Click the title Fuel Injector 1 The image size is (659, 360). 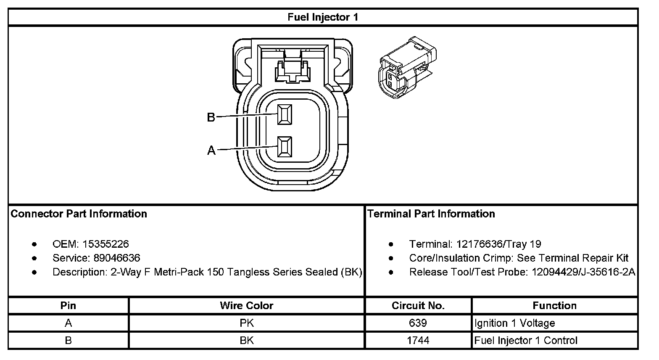pyautogui.click(x=323, y=17)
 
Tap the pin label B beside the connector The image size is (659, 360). pyautogui.click(x=211, y=117)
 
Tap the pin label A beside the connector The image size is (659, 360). pyautogui.click(x=211, y=150)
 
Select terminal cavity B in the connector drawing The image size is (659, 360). pyautogui.click(x=285, y=114)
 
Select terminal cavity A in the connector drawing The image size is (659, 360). pyautogui.click(x=285, y=148)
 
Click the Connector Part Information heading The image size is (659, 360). pyautogui.click(x=79, y=214)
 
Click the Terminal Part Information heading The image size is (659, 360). pyautogui.click(x=431, y=214)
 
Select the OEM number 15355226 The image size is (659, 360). pyautogui.click(x=105, y=244)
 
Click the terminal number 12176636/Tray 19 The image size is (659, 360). pyautogui.click(x=498, y=244)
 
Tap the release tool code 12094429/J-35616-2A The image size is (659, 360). pyautogui.click(x=583, y=272)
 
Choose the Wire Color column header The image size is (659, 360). pyautogui.click(x=246, y=306)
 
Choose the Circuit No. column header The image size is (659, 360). pyautogui.click(x=418, y=306)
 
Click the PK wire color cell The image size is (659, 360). pyautogui.click(x=246, y=323)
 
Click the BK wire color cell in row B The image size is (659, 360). pyautogui.click(x=246, y=340)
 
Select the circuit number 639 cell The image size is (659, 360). pyautogui.click(x=418, y=323)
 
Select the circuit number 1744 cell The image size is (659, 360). pyautogui.click(x=418, y=340)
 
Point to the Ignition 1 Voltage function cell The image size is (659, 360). pyautogui.click(x=515, y=323)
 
